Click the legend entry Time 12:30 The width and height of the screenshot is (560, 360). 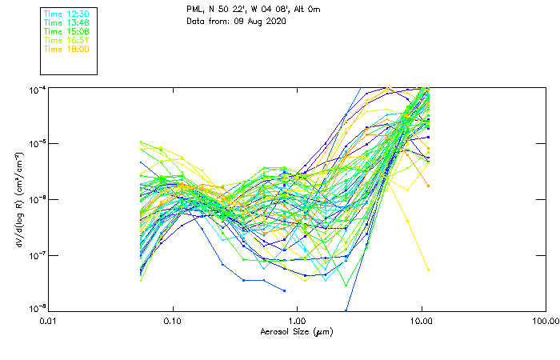coord(66,14)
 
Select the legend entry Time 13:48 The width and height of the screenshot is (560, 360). coord(66,23)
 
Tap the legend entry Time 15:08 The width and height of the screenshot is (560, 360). coord(66,32)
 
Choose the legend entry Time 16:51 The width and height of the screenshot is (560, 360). coord(66,41)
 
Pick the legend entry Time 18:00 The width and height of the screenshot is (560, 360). coord(66,50)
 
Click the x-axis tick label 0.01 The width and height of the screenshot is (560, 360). coord(49,320)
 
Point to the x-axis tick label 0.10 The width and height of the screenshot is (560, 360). coord(173,320)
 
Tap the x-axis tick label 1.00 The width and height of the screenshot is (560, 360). coord(297,320)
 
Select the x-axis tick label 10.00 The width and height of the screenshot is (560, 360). coord(421,320)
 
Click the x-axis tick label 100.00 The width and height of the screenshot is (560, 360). coord(545,320)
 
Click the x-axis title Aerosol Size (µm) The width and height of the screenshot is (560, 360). coord(296,331)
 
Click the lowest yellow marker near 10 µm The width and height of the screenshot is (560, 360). coord(428,270)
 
